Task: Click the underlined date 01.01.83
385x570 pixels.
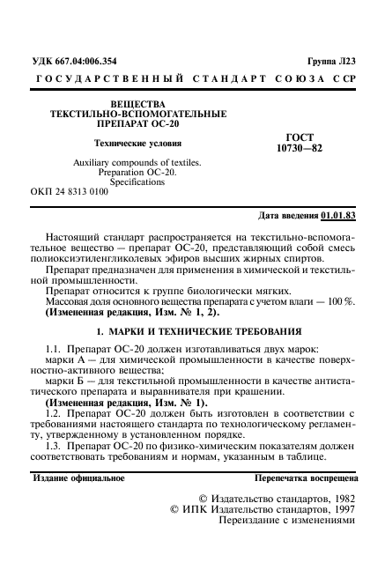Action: (339, 215)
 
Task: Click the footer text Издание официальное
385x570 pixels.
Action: (78, 479)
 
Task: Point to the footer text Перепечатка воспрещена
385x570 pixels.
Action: (305, 479)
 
